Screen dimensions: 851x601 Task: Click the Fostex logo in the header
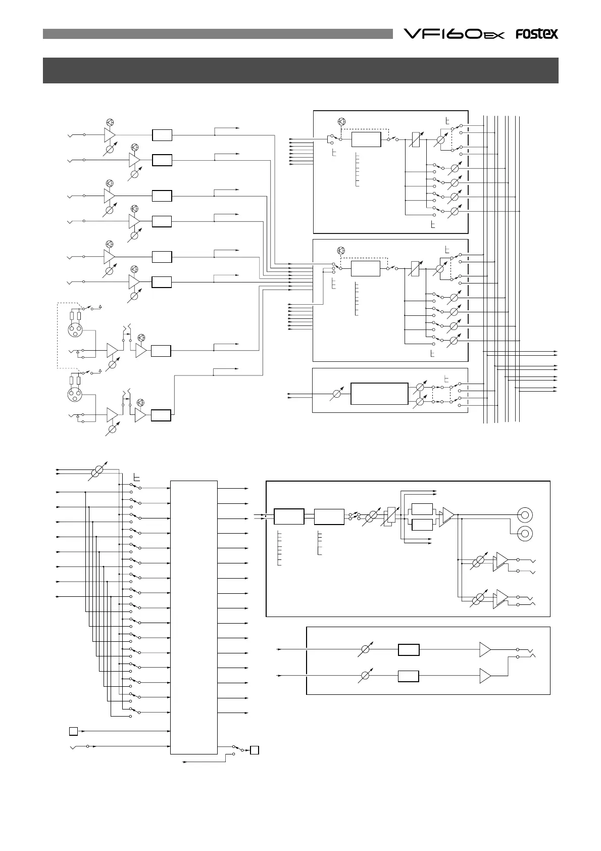click(536, 34)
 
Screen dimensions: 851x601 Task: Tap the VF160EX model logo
click(454, 34)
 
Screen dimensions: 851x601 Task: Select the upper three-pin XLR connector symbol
click(75, 330)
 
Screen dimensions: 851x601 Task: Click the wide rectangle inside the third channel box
click(379, 394)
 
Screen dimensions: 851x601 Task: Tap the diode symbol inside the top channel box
click(341, 121)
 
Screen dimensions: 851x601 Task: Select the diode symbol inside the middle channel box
click(340, 251)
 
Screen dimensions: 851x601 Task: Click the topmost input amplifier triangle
click(109, 135)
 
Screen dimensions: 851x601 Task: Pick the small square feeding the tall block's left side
click(73, 731)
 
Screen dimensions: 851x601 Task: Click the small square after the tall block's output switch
click(255, 750)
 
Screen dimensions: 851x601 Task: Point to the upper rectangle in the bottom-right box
click(408, 649)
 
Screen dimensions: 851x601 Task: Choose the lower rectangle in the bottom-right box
click(408, 676)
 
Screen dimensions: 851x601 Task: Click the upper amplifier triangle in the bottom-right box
click(485, 649)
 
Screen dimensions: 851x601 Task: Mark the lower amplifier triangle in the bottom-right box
click(485, 675)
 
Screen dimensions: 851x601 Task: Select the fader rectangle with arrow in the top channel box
click(415, 139)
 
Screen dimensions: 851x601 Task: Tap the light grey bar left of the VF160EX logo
click(218, 34)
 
